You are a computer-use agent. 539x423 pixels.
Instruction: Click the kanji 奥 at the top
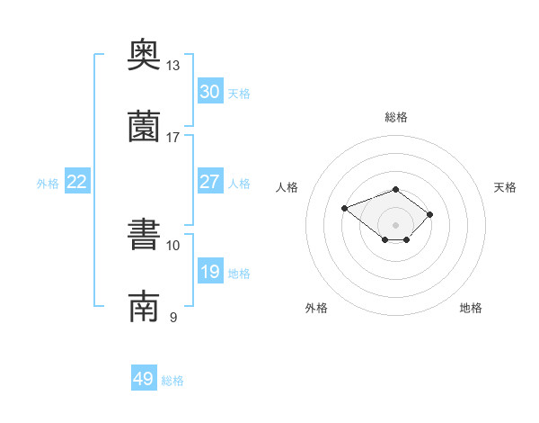[144, 54]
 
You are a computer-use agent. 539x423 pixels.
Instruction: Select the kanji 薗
[144, 126]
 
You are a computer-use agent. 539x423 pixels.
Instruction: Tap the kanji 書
[144, 234]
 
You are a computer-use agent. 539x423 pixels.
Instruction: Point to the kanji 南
[144, 306]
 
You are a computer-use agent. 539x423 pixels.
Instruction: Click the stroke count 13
[172, 66]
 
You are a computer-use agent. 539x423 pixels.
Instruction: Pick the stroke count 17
[172, 138]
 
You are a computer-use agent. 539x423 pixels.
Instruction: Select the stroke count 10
[172, 246]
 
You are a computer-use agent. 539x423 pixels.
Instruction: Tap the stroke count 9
[173, 317]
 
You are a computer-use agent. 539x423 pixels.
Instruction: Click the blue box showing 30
[210, 91]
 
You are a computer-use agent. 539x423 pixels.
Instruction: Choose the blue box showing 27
[210, 181]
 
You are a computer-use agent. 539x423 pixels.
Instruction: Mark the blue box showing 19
[210, 270]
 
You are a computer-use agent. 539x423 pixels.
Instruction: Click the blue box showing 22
[77, 181]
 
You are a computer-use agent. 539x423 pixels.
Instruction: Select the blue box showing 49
[144, 377]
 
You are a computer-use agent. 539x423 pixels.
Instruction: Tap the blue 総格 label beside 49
[172, 381]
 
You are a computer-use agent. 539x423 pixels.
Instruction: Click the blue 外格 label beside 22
[48, 184]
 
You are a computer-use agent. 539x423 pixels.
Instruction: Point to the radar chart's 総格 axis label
[396, 117]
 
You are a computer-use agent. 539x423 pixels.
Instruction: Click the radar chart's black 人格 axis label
[287, 187]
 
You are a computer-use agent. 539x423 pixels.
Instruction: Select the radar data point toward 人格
[344, 208]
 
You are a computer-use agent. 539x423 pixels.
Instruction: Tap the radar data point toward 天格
[429, 214]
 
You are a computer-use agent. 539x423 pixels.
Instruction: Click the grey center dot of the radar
[395, 225]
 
